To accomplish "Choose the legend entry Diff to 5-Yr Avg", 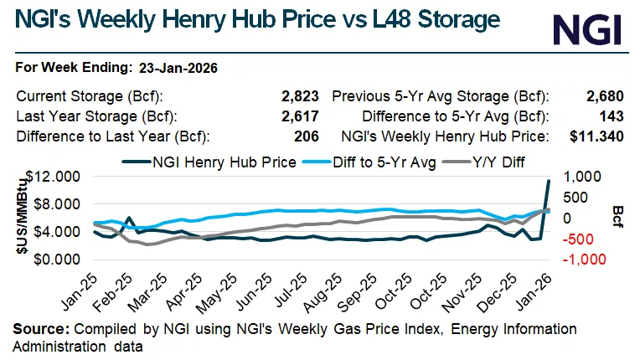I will point(372,162).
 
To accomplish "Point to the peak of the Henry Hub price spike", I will point(549,181).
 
